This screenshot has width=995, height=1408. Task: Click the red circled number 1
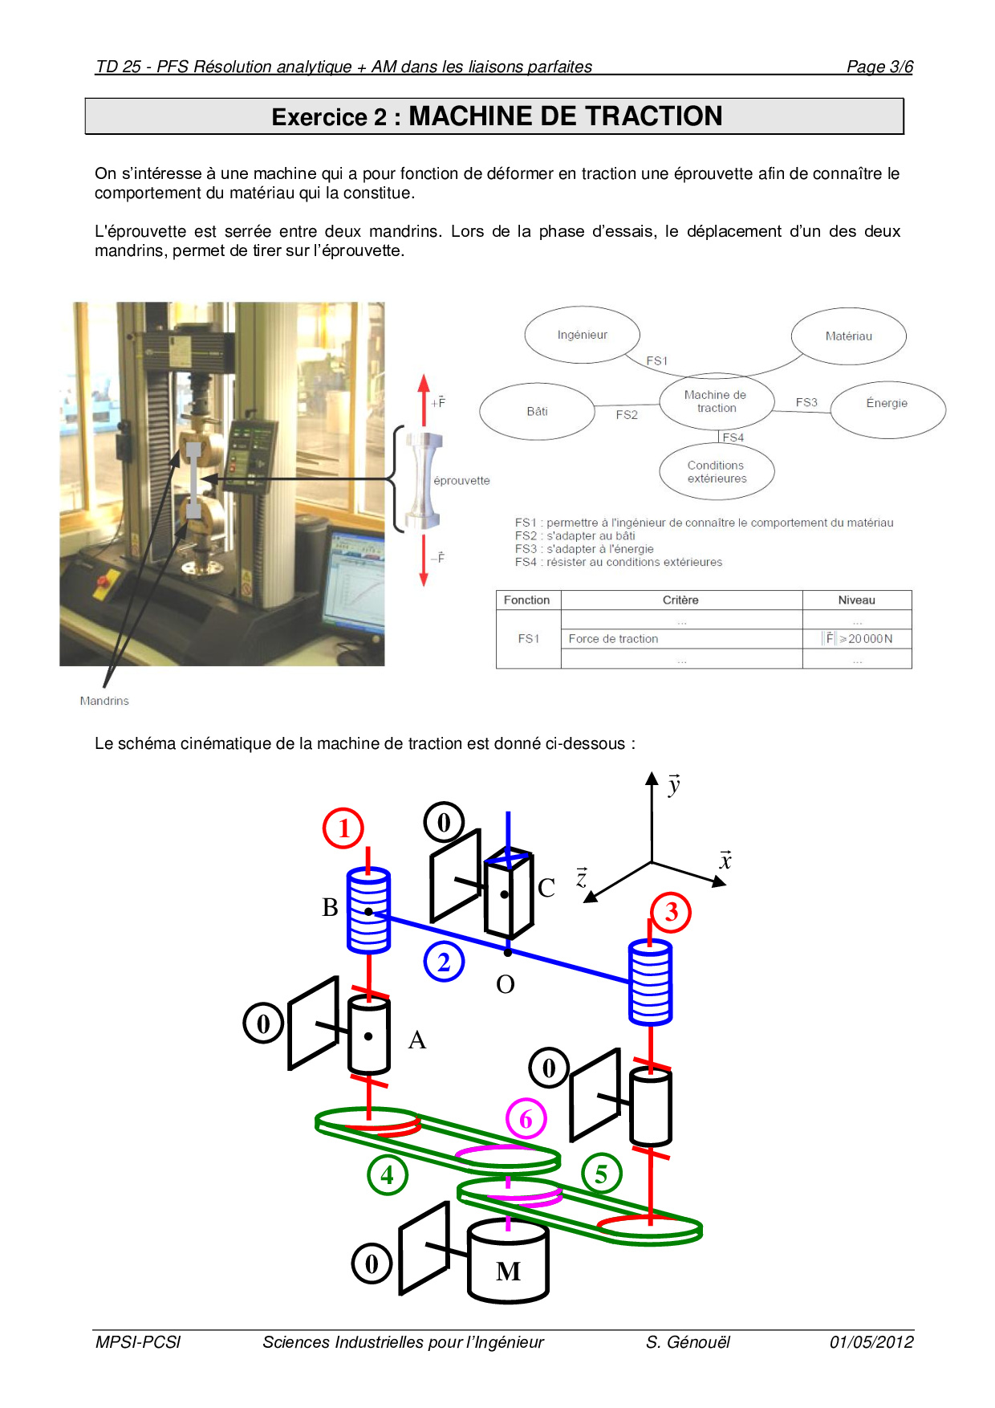[x=343, y=828]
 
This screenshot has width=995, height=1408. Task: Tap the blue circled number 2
[x=444, y=961]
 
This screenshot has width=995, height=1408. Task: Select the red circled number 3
[x=671, y=912]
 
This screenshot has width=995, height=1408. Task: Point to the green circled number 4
[x=388, y=1174]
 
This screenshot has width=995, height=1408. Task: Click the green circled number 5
[x=601, y=1174]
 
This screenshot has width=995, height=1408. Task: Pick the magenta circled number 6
[x=526, y=1118]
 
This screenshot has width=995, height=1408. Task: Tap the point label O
[x=506, y=984]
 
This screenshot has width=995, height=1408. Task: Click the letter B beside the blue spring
[x=330, y=907]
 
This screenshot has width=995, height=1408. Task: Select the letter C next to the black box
[x=546, y=888]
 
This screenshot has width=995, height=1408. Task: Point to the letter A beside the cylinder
[x=416, y=1040]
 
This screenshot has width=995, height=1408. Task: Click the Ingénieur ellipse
[x=583, y=335]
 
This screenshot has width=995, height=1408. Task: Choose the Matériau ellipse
[x=848, y=336]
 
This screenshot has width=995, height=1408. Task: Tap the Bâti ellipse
[x=537, y=411]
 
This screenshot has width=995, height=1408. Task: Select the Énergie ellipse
[x=887, y=403]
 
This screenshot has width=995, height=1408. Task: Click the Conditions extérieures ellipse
[x=716, y=472]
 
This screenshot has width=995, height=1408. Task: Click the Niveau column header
[x=856, y=600]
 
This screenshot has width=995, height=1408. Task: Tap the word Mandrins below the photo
[x=104, y=701]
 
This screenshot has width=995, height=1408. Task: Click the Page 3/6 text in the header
[x=879, y=67]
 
